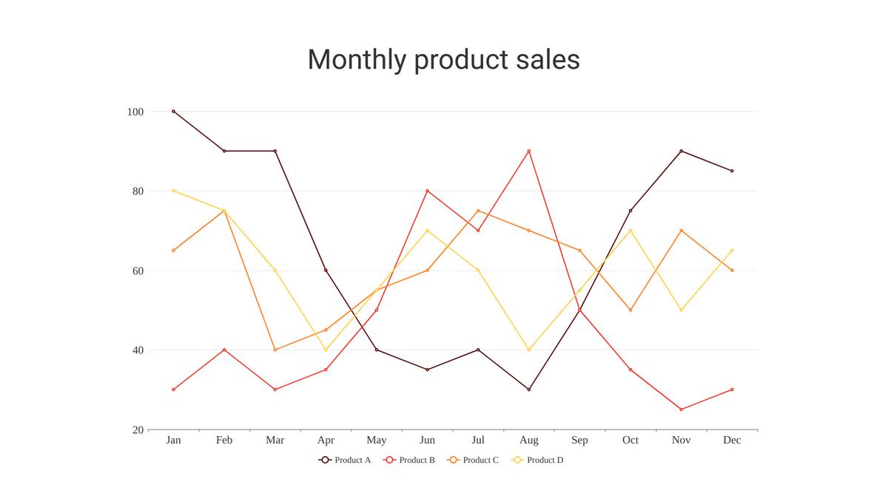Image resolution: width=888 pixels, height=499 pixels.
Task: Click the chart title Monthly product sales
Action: [x=443, y=59]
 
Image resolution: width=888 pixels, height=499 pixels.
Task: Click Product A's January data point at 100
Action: [x=173, y=112]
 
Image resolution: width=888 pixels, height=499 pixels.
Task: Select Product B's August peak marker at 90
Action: [x=529, y=151]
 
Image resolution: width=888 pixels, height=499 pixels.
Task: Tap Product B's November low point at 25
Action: [x=681, y=410]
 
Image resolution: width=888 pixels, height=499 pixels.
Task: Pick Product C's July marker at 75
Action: [x=478, y=211]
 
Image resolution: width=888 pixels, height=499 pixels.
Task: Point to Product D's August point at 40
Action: [x=529, y=350]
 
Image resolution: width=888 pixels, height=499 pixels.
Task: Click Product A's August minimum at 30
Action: [x=529, y=390]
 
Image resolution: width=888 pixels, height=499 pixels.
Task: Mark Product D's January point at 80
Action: [x=173, y=191]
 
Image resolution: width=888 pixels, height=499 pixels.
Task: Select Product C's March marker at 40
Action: [x=275, y=350]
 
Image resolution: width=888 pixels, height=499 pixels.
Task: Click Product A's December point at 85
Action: [x=732, y=171]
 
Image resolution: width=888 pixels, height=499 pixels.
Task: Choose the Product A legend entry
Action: [x=345, y=460]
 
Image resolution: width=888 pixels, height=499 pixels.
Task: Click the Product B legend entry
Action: [x=409, y=460]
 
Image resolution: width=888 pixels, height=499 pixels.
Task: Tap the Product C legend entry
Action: [x=473, y=460]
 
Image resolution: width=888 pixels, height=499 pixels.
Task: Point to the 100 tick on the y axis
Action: [x=135, y=112]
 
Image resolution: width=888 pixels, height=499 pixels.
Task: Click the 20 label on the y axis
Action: [x=138, y=430]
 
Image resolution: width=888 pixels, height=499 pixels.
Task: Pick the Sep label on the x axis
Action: [x=579, y=441]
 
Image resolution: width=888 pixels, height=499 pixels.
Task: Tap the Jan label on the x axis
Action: [x=173, y=441]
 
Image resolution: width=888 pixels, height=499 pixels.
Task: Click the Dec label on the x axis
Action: [x=732, y=441]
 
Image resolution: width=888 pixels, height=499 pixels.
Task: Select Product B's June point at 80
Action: [x=427, y=191]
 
